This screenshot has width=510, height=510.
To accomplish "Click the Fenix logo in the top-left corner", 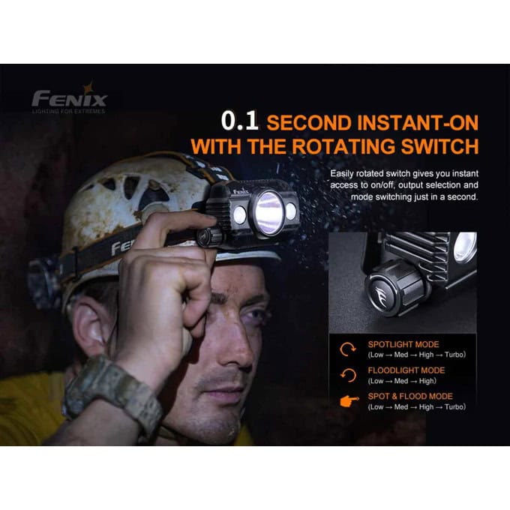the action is (x=69, y=97).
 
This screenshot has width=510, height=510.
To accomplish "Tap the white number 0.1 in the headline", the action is (x=239, y=121).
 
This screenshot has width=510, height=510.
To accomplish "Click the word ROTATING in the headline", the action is (x=343, y=147).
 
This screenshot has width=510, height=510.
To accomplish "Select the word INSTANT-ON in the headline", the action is (x=418, y=122).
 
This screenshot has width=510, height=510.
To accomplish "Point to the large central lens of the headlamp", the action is (x=269, y=213).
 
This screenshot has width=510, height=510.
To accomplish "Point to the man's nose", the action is (x=235, y=345).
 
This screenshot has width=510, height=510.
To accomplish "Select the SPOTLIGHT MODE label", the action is (x=403, y=344).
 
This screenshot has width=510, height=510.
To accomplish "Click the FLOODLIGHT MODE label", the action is (x=406, y=370).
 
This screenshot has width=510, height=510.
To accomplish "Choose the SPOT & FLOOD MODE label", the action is (x=410, y=397).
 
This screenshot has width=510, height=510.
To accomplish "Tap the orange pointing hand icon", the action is (x=349, y=401).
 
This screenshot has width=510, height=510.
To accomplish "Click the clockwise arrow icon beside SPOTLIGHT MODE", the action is (x=347, y=349).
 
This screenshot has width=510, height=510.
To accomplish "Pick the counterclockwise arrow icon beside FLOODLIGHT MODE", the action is (x=348, y=375).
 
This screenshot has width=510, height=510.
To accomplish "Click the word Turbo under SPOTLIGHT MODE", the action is (x=454, y=355).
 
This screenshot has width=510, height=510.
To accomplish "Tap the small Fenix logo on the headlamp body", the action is (x=241, y=192).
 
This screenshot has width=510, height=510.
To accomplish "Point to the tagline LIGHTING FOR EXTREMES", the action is (x=69, y=111).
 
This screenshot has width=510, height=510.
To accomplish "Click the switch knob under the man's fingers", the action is (x=208, y=237).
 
